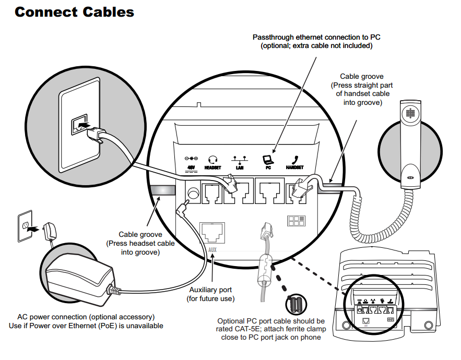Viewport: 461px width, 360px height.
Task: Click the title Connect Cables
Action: click(74, 12)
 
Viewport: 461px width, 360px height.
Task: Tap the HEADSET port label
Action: click(212, 167)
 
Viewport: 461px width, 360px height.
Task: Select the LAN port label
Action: click(240, 167)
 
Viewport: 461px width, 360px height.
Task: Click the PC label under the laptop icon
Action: click(268, 167)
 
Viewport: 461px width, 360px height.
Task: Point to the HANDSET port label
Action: click(294, 167)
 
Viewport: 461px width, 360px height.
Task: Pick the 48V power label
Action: click(191, 167)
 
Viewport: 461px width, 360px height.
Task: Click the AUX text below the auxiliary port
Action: click(212, 249)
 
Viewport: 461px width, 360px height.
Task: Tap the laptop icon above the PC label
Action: click(267, 159)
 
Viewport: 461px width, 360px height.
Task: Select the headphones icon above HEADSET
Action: click(212, 159)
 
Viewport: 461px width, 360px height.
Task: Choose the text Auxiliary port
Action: click(211, 290)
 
